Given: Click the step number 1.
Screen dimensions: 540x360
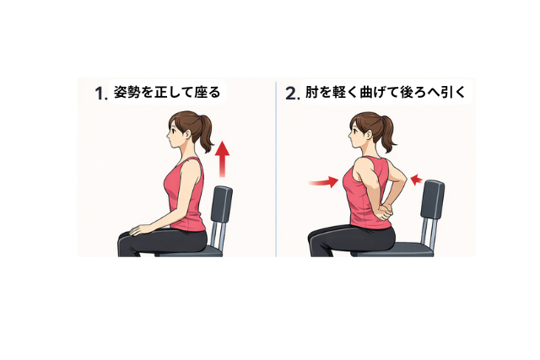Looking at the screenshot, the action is point(101,94).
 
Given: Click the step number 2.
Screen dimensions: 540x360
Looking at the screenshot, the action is point(293,94).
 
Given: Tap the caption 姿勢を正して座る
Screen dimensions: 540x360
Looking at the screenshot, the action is point(167,92).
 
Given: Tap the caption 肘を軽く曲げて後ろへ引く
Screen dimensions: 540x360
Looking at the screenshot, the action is point(386,92).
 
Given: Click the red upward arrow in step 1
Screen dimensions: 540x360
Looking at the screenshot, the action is point(223,159).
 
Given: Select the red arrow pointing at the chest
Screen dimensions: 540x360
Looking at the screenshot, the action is point(324,182).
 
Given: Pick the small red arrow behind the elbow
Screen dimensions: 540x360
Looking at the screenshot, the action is point(417,180).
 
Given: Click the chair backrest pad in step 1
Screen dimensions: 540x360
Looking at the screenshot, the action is point(221,204).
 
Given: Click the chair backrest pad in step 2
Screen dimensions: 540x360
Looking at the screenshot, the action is point(433,199).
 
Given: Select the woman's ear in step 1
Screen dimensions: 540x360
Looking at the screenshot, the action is point(187,133).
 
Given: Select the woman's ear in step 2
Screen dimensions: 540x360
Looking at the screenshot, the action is point(369,134).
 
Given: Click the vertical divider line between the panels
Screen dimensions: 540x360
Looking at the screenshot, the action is point(276,169).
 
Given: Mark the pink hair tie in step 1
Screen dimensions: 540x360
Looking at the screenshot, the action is point(199,118).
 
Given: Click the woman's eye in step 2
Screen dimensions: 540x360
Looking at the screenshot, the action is point(354,131).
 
